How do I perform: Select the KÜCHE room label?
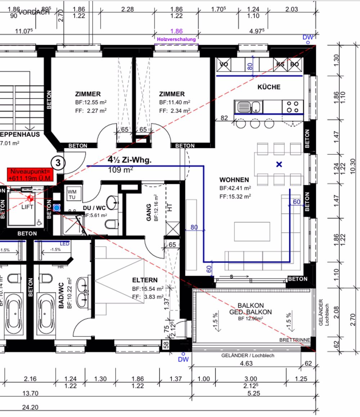click(x=269, y=87)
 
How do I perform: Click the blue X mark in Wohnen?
click(x=279, y=164)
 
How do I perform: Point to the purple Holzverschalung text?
click(x=176, y=39)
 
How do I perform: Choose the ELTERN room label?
click(x=145, y=280)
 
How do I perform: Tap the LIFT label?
click(x=28, y=207)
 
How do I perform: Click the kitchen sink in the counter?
click(x=249, y=107)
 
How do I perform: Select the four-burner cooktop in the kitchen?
click(x=292, y=107)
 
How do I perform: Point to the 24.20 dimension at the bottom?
click(x=30, y=408)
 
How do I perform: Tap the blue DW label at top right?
click(x=308, y=37)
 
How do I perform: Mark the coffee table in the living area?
click(x=252, y=231)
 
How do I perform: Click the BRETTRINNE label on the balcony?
click(x=295, y=340)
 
